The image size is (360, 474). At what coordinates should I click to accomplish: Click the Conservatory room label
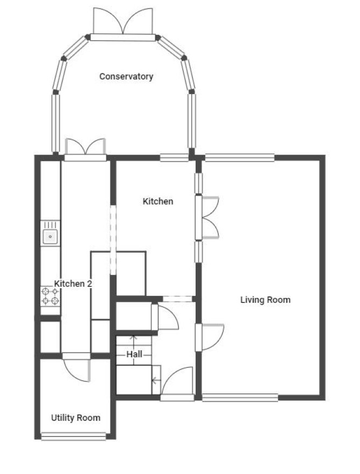[126, 76]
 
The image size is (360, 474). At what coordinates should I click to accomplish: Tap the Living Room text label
[265, 300]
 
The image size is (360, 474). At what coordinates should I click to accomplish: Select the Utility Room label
[76, 418]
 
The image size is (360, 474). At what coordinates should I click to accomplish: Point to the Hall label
[134, 354]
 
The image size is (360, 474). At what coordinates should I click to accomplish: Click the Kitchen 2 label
[73, 284]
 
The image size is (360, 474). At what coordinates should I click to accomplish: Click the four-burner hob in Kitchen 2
[50, 296]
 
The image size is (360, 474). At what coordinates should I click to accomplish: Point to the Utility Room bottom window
[74, 436]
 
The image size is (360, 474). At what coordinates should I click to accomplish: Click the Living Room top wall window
[240, 157]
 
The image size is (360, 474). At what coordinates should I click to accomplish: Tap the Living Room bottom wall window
[240, 397]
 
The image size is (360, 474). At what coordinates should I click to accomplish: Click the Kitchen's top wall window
[174, 157]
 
